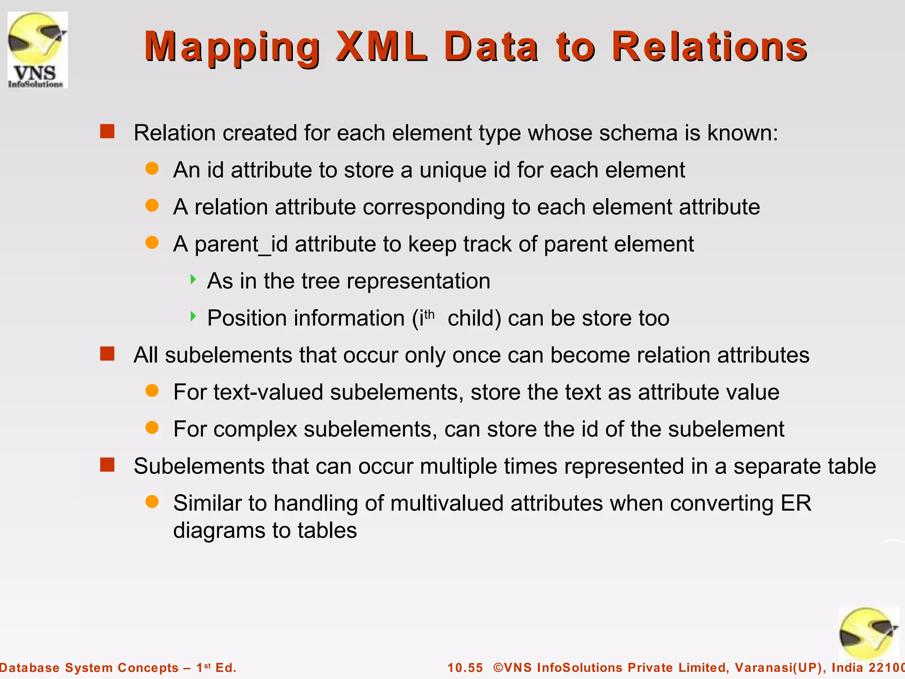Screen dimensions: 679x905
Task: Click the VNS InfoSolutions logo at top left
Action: click(x=38, y=50)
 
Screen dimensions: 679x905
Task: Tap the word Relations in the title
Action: click(x=710, y=46)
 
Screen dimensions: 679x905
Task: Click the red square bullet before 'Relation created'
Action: click(x=107, y=132)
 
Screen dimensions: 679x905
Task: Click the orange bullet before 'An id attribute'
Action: click(x=152, y=168)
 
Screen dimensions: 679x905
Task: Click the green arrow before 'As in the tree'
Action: click(x=193, y=279)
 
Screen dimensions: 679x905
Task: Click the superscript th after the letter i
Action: click(x=429, y=314)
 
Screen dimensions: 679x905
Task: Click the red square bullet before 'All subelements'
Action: click(x=107, y=354)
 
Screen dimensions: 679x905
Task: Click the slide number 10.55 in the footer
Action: click(x=465, y=668)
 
